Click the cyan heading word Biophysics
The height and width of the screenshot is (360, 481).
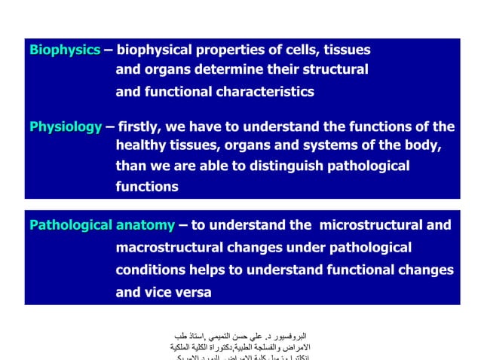point(65,50)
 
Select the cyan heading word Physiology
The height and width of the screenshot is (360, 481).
point(66,127)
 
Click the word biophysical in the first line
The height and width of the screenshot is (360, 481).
point(156,50)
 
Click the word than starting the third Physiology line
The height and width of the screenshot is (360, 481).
point(132,166)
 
